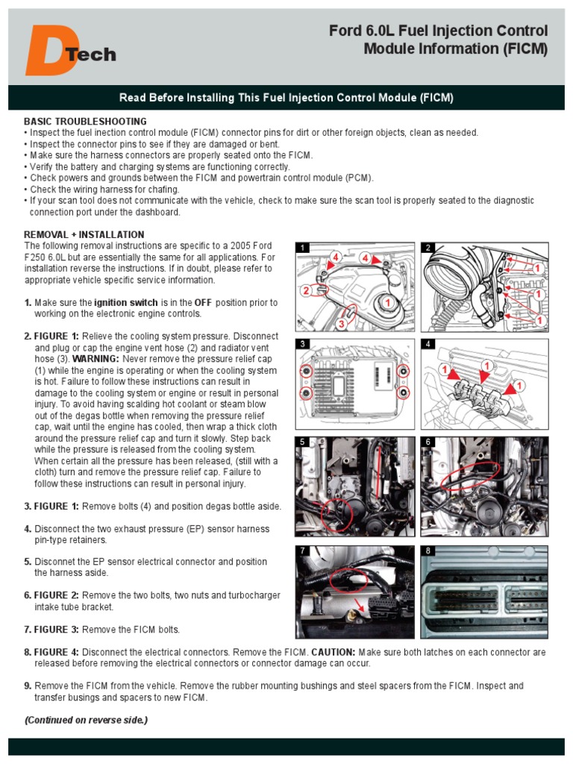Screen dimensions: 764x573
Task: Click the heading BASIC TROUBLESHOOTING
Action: (x=85, y=121)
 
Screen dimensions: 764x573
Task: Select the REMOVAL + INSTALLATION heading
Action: (x=84, y=234)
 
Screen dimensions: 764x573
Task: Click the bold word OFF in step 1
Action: (x=204, y=303)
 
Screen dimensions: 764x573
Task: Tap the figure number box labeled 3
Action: (x=302, y=344)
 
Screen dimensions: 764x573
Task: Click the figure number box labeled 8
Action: (x=428, y=551)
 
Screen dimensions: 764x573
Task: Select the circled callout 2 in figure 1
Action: (x=305, y=290)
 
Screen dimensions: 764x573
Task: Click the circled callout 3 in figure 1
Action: (x=340, y=324)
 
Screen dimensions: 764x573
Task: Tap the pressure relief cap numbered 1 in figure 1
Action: (x=386, y=302)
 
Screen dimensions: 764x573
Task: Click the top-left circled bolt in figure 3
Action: (x=306, y=371)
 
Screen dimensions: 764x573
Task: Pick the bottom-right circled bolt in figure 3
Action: (x=404, y=392)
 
